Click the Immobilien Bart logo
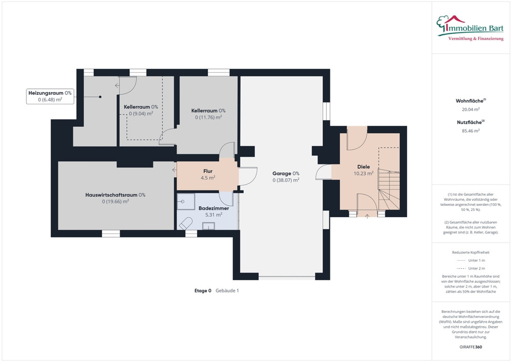point(470,28)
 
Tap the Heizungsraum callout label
point(50,96)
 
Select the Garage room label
point(285,176)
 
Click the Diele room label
point(364,170)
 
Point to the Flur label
point(208,174)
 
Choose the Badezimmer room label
point(214,211)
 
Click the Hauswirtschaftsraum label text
point(115,195)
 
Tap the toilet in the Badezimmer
point(185,223)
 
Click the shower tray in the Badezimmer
point(186,201)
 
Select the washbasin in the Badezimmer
point(208,226)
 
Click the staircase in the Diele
point(389,189)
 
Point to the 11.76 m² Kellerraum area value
point(208,117)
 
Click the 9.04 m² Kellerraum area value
point(141,114)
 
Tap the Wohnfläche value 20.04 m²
point(471,109)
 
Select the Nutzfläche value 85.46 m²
point(471,131)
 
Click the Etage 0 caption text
point(203,291)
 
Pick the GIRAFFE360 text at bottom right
point(471,347)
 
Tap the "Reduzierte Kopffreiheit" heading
point(471,252)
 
